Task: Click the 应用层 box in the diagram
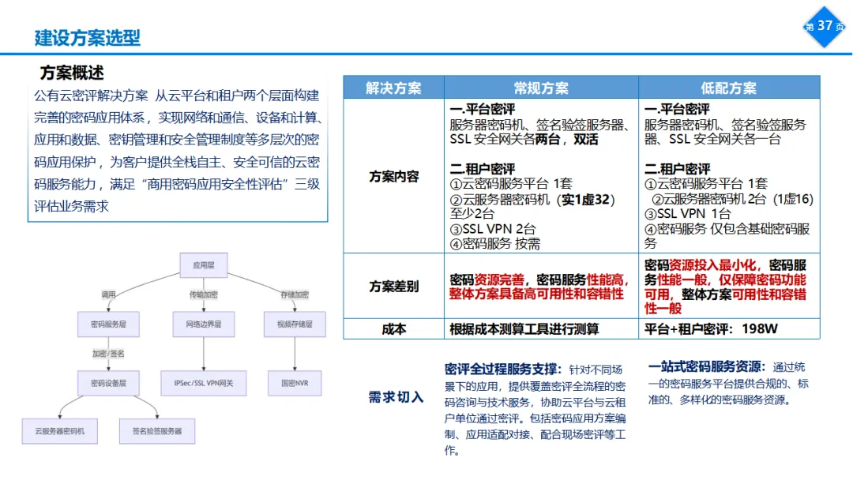tap(204, 265)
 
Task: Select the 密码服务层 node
tap(109, 324)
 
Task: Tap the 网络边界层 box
tap(204, 324)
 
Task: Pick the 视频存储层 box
tap(295, 324)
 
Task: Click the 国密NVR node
tap(295, 383)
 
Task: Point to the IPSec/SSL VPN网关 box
tap(204, 383)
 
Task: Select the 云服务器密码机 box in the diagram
tap(60, 431)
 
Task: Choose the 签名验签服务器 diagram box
tap(157, 431)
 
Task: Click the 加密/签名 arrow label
tap(108, 353)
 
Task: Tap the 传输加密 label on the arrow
tap(204, 294)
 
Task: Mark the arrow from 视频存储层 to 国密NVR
tap(295, 354)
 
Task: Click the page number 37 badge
tap(824, 26)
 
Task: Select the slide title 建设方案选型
tap(88, 37)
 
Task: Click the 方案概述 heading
tap(72, 73)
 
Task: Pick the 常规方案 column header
tap(541, 88)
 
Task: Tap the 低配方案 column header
tap(728, 88)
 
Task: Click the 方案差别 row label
tap(393, 286)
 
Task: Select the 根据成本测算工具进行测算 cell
tap(524, 329)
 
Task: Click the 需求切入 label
tap(396, 396)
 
